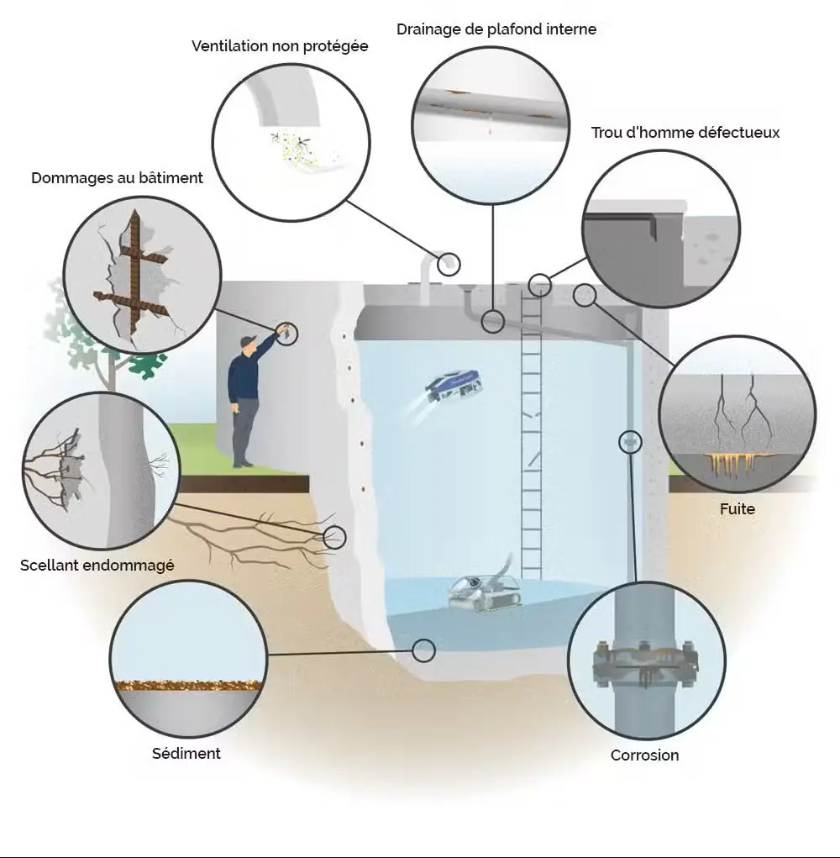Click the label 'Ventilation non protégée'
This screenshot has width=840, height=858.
click(x=280, y=46)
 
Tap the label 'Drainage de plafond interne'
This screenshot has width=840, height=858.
click(x=496, y=29)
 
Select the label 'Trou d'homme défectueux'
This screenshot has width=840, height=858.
click(x=685, y=133)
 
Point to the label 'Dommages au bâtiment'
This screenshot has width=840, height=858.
click(x=117, y=178)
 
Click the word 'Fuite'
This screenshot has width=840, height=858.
click(x=738, y=509)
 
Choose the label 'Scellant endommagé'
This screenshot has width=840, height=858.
click(x=97, y=566)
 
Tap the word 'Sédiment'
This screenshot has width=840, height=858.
click(x=186, y=754)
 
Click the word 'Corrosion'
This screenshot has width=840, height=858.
click(x=644, y=755)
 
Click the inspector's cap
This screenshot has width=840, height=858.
click(x=246, y=341)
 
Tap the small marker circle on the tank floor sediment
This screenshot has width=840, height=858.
click(x=424, y=649)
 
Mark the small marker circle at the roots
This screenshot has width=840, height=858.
click(x=334, y=537)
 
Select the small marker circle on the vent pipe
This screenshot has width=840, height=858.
click(x=450, y=264)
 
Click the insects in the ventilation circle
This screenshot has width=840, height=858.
click(x=290, y=143)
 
